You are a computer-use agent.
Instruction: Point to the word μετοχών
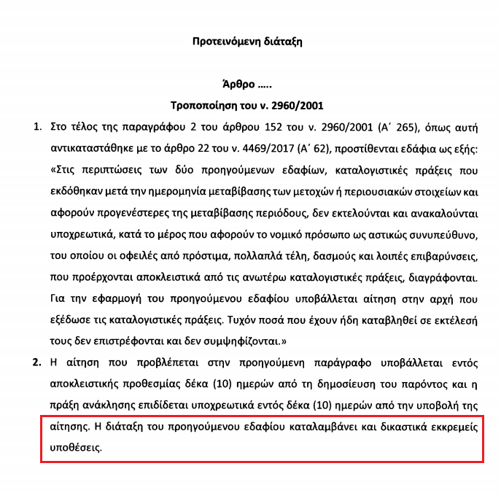click(x=319, y=193)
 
